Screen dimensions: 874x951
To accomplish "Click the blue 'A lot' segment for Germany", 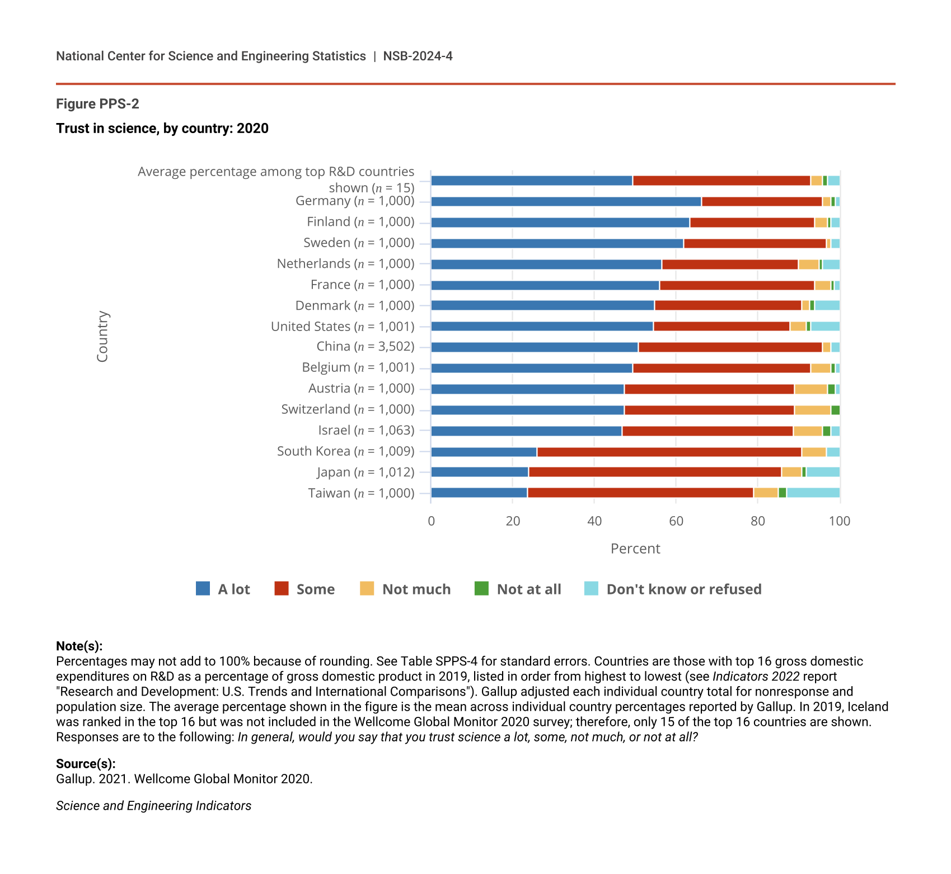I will pos(566,202).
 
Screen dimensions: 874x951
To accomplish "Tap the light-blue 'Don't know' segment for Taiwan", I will pos(813,493).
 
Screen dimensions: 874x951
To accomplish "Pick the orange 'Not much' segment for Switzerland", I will pos(812,410).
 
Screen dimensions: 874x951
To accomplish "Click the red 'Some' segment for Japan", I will pos(654,473).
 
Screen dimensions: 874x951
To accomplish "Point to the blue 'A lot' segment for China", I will pos(535,347).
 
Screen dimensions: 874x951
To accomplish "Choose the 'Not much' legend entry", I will pos(405,589).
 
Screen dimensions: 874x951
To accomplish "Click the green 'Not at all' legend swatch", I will pos(481,589).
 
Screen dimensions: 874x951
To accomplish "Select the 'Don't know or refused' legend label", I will pos(683,589).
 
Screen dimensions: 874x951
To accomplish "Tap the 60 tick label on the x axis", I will pos(676,521).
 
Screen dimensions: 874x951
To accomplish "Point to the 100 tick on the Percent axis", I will pos(839,521).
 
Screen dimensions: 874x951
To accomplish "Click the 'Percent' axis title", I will pos(635,549).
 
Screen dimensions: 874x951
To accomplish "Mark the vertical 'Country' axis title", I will pos(102,337).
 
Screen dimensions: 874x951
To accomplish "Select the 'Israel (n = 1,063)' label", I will pos(366,431).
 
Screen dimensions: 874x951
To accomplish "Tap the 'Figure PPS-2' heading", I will pos(97,104).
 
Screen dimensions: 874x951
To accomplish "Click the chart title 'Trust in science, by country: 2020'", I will pos(162,129).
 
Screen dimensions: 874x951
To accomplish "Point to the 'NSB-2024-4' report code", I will pos(418,56).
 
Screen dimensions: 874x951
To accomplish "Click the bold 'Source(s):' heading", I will pos(86,764).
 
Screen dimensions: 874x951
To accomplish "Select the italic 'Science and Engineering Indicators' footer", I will pos(153,806).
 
